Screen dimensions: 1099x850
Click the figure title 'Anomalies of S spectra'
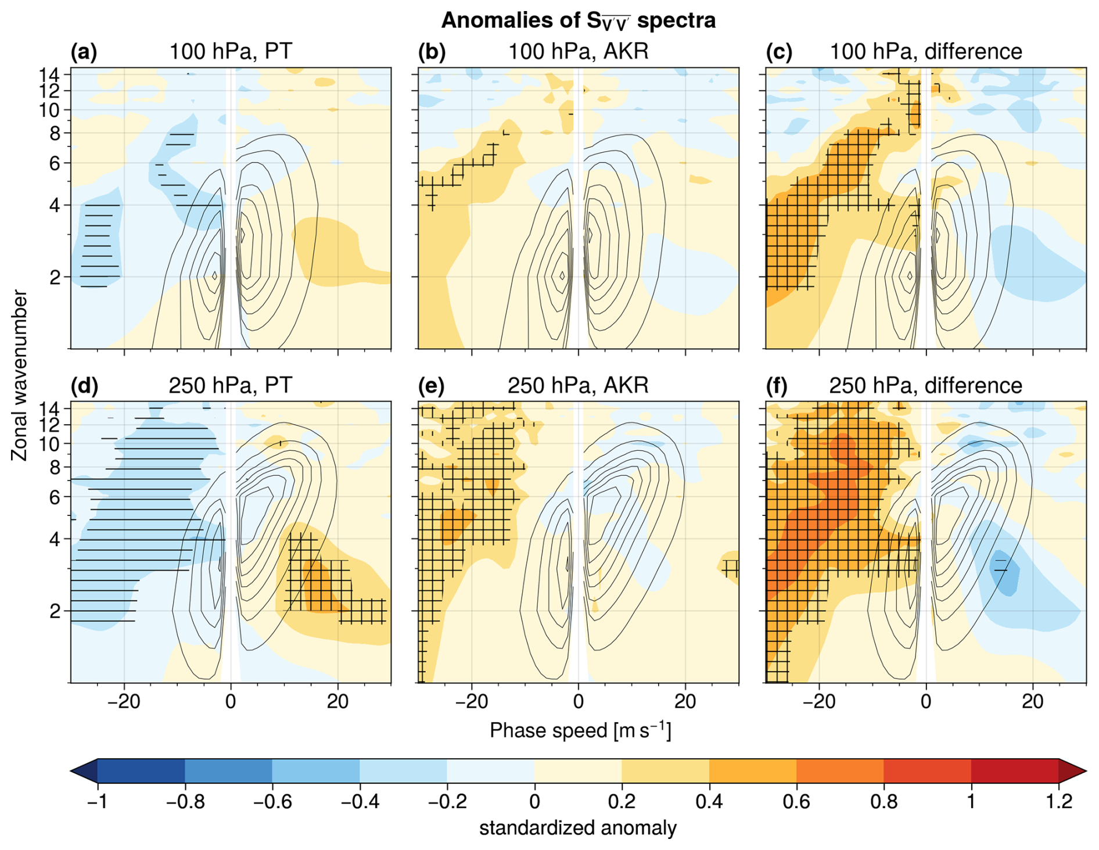578,21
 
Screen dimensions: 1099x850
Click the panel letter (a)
84,52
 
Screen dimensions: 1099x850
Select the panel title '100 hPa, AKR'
578,52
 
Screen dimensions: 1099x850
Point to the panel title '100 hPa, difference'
925,52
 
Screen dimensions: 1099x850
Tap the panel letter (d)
84,386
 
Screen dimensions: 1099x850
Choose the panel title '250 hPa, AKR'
578,386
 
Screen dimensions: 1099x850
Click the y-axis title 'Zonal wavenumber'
19,375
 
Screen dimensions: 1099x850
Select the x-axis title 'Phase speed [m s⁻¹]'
580,730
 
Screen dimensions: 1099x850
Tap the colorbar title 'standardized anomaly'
578,828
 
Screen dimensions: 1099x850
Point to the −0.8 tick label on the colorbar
185,802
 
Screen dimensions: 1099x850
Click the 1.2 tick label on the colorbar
1059,802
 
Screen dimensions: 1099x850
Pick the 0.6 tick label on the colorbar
796,802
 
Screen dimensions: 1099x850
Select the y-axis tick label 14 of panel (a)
50,74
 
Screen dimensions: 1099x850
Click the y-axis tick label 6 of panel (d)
55,497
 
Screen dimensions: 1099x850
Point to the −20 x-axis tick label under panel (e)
471,701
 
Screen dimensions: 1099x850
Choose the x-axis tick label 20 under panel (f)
1033,701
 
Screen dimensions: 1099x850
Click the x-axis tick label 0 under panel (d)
231,701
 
